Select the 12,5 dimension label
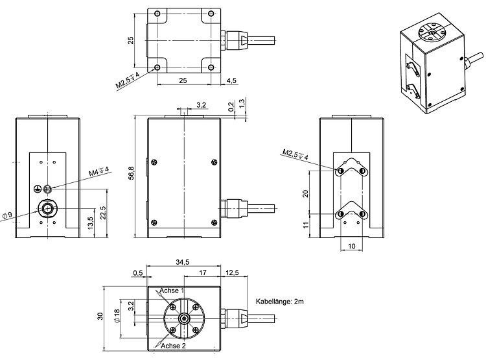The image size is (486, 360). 233,272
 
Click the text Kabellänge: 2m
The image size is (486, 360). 280,302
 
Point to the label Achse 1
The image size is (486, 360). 172,291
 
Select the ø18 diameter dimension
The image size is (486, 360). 117,317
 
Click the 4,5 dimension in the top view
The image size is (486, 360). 231,80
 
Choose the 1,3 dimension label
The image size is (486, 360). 242,103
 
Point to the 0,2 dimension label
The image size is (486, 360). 231,104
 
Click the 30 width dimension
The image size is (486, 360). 100,316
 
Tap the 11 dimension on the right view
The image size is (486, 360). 306,224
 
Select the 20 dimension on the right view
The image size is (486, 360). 306,193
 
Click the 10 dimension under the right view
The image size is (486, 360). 350,246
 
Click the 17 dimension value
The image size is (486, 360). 203,272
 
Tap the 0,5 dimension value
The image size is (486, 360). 137,272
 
